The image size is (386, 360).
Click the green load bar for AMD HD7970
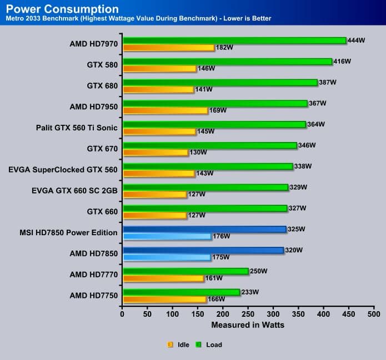point(233,40)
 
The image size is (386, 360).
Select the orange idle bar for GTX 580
point(159,69)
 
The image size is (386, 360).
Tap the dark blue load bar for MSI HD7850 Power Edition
point(204,229)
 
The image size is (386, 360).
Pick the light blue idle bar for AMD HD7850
point(167,257)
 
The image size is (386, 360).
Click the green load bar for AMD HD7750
point(181,292)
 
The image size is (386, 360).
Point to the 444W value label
point(356,40)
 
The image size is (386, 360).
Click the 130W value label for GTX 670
point(198,153)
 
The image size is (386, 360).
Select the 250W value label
point(258,271)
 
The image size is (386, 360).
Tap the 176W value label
point(221,236)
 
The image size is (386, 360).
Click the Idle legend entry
point(179,344)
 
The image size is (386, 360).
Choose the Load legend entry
point(209,344)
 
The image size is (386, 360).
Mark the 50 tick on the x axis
point(148,314)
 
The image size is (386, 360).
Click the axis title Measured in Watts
point(248,325)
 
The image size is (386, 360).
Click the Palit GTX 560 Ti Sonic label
point(76,128)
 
